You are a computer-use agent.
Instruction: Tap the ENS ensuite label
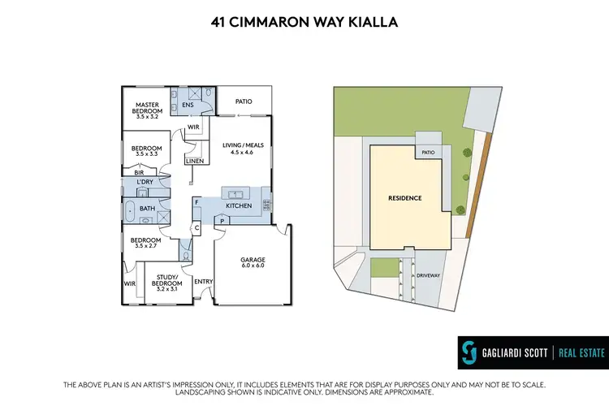click(188, 105)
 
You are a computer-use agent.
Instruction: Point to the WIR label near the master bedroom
click(193, 127)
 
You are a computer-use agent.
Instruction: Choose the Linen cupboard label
click(195, 162)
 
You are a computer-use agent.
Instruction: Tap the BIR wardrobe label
click(138, 172)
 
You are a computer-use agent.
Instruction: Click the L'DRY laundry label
click(145, 182)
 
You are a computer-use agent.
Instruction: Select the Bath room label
click(147, 209)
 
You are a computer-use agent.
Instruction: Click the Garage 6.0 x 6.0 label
click(252, 262)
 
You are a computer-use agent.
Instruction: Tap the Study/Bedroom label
click(165, 281)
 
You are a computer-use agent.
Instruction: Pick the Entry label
click(203, 281)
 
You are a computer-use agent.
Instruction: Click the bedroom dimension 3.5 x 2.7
click(147, 245)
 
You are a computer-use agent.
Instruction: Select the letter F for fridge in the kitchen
click(197, 201)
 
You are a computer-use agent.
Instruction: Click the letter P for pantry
click(222, 220)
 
